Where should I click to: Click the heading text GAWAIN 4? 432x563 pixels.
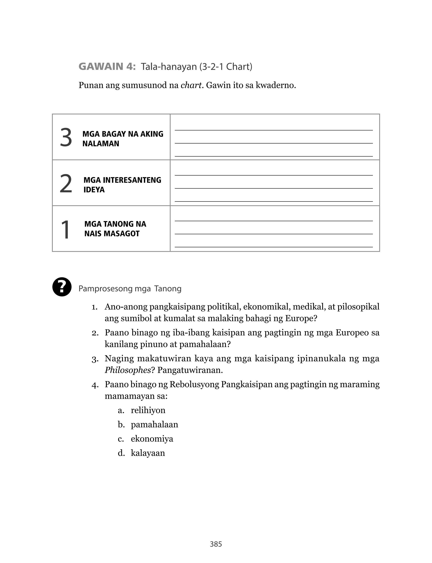(x=107, y=67)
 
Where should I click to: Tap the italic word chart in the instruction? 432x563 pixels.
(x=191, y=85)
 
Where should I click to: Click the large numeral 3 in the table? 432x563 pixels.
(x=66, y=138)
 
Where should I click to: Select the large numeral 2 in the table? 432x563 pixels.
(x=66, y=184)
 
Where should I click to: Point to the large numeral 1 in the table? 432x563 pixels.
(x=65, y=230)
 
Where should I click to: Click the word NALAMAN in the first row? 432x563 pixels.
(x=101, y=144)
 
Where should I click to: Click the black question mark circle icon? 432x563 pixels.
(x=62, y=287)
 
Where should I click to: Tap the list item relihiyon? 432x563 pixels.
(x=148, y=410)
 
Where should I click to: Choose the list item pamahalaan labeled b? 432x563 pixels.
(x=154, y=424)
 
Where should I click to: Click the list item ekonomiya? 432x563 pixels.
(x=152, y=439)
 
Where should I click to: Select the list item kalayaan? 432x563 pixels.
(x=148, y=453)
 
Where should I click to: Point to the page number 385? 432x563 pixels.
(x=216, y=544)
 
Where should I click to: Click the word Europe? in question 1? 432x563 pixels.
(x=301, y=319)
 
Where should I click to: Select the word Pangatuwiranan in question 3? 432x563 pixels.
(x=190, y=370)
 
